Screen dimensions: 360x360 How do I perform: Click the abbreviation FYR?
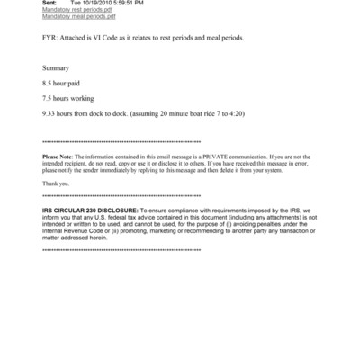(x=50, y=39)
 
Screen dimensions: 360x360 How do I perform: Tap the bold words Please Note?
(x=60, y=158)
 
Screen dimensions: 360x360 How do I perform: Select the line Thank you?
(x=56, y=182)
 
